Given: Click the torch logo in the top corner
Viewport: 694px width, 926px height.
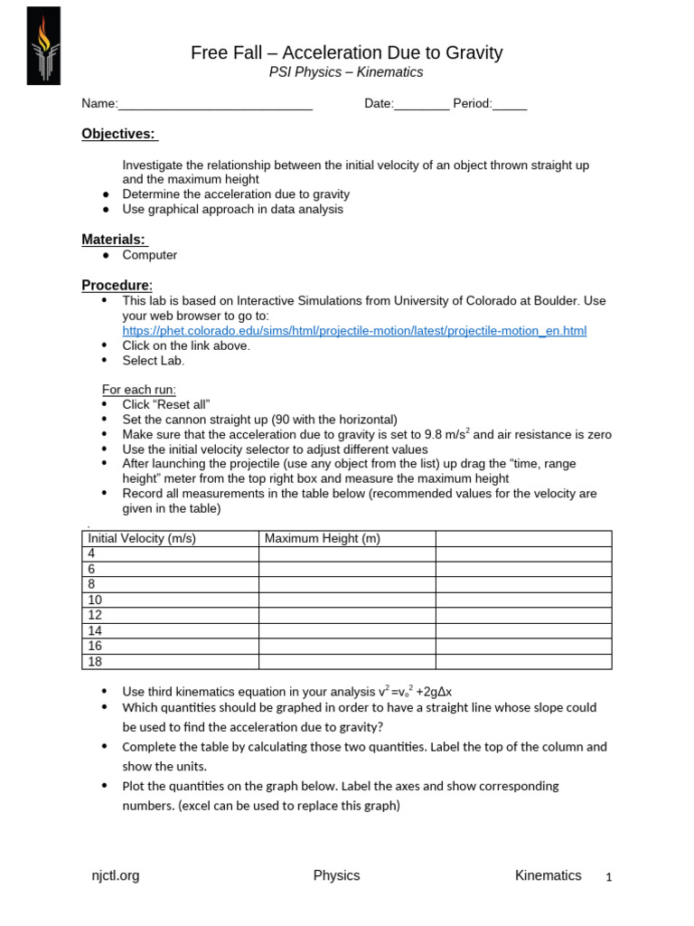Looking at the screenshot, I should [43, 46].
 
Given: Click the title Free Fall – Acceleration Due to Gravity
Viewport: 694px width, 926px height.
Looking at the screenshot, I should [346, 53].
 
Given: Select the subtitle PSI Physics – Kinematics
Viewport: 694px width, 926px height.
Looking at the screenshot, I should [347, 73].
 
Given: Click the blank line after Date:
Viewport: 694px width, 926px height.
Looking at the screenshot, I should [421, 104].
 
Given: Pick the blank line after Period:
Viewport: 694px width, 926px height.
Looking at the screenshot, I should [510, 104].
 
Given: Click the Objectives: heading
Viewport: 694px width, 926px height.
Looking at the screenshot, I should [119, 134].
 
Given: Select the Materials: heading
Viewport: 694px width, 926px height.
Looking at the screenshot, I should [115, 240].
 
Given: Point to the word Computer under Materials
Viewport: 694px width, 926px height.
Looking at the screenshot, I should [150, 255].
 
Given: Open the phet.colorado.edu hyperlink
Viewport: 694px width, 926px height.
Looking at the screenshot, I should [354, 331].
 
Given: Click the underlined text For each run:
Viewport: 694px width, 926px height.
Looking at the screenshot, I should [139, 390].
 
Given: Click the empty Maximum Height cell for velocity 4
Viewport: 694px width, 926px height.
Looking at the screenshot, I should [346, 553].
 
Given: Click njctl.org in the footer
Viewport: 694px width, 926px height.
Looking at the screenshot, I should [116, 875].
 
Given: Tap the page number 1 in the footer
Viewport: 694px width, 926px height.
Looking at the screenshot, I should [609, 877].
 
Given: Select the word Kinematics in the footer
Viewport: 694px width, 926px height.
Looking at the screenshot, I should [548, 875].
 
